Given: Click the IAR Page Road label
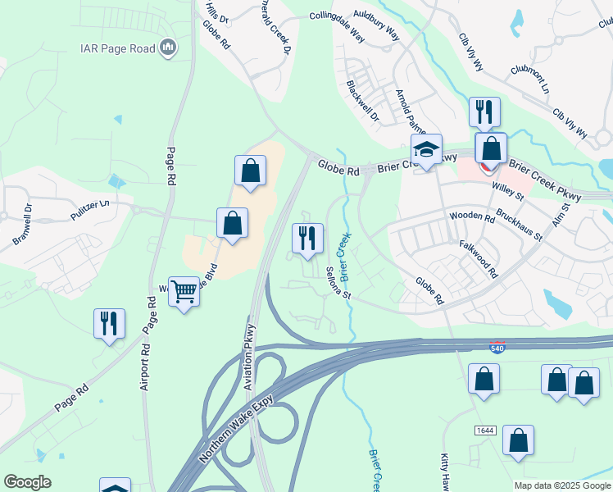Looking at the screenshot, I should [118, 48].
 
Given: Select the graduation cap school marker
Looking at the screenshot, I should [426, 150].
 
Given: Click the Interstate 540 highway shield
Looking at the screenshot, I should [497, 348].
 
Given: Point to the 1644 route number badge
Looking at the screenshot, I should [486, 430].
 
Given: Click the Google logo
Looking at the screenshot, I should [27, 482].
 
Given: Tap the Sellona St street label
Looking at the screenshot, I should [338, 284].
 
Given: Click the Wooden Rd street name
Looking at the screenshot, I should [472, 218].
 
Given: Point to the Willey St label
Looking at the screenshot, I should [508, 191].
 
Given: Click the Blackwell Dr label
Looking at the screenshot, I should [362, 101].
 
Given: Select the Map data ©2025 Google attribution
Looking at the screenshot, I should [562, 485].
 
